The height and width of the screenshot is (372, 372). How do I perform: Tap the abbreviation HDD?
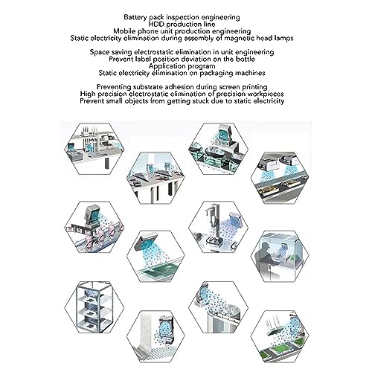pos(156,24)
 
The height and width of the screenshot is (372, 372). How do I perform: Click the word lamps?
pos(284,38)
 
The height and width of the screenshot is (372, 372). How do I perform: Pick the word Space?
pos(100,52)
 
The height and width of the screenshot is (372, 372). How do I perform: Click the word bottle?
pos(245,59)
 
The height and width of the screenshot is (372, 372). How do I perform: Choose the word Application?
pos(166,66)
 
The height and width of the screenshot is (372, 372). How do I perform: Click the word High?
pos(88,94)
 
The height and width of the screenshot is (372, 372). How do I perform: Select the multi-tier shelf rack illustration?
pos(94,307)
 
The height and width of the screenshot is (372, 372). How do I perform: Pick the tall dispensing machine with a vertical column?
pos(214,225)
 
